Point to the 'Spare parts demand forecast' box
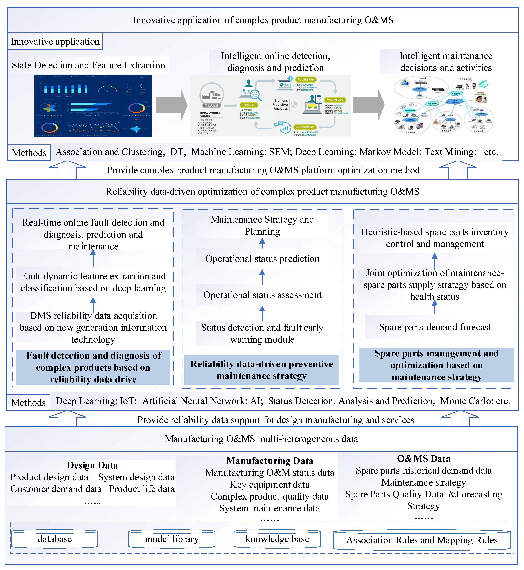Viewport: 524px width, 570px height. tap(435, 327)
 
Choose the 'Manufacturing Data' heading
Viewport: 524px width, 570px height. tap(270, 461)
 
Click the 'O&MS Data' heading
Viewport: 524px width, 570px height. tap(424, 458)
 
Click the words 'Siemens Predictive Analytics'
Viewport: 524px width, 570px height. tap(281, 105)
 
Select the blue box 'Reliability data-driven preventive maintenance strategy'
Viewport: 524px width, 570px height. tap(261, 370)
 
